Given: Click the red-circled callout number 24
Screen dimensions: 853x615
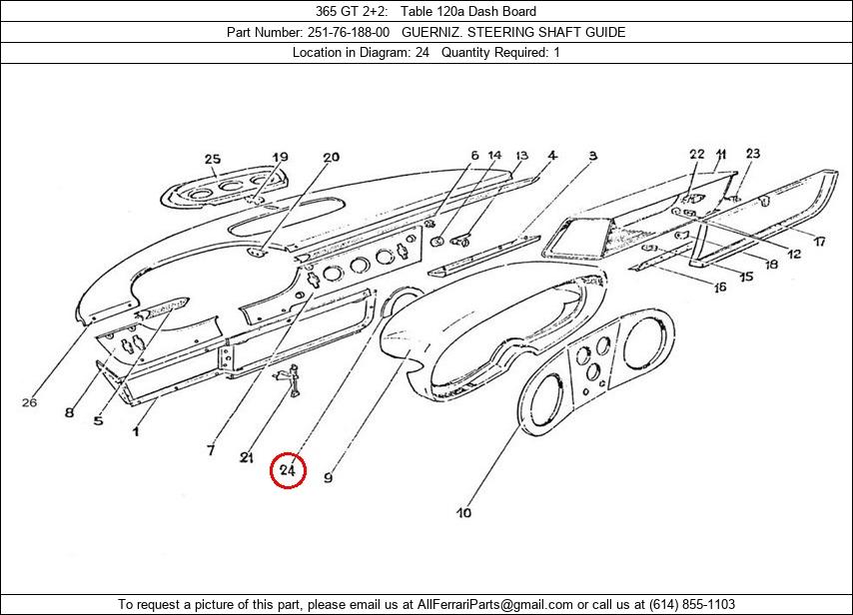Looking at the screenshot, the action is [x=288, y=469].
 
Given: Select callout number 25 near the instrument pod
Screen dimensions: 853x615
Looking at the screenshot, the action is [x=212, y=159].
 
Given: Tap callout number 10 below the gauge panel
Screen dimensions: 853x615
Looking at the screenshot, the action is [x=463, y=513].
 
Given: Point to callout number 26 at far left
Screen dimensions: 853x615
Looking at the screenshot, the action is [x=29, y=402].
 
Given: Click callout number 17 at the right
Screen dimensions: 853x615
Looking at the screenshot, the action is [x=818, y=242].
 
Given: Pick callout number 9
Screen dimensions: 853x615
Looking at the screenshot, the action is [x=328, y=478].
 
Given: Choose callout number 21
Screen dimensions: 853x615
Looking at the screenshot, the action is [x=247, y=457].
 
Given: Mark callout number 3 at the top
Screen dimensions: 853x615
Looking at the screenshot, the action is [x=592, y=156].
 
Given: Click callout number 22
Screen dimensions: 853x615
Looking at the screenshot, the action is [x=697, y=154].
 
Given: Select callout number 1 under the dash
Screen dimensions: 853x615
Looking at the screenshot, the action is [x=136, y=430].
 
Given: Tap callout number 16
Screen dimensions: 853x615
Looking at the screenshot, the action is [x=719, y=288].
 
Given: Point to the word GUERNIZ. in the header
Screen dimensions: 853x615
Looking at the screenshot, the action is [x=443, y=32].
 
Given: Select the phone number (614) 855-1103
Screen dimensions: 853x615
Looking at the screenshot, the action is [x=691, y=605].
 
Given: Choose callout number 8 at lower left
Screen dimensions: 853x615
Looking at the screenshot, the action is [x=69, y=412].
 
